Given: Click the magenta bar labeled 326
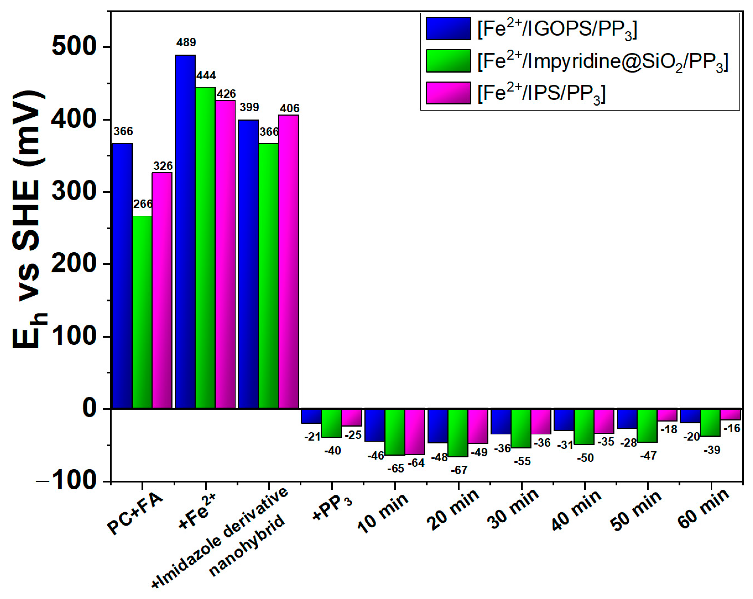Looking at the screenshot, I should [x=162, y=290].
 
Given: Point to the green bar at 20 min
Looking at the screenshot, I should [x=458, y=432].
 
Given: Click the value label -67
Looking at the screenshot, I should [x=459, y=470].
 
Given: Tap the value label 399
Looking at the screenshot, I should [x=249, y=107].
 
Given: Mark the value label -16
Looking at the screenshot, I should [x=731, y=428].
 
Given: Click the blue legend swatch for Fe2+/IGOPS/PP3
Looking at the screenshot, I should [x=448, y=29].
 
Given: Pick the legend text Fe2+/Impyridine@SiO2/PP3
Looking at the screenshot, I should [x=603, y=62].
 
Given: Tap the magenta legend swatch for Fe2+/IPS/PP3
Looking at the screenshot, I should [x=448, y=93].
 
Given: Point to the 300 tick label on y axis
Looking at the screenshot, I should [x=73, y=191].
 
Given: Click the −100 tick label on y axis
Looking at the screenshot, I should [x=66, y=481].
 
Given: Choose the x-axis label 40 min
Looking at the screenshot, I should [x=576, y=510].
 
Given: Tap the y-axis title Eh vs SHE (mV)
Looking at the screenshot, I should [x=30, y=220].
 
